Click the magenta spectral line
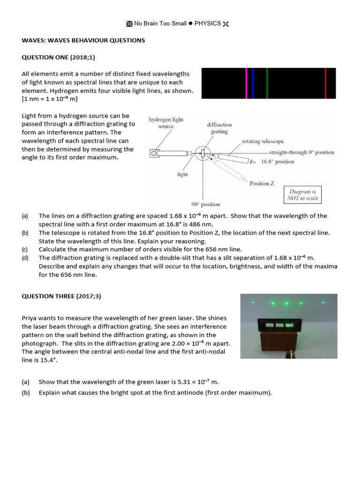tap(247, 83)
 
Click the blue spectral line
tap(253, 83)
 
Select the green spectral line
tap(267, 83)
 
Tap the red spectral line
tap(325, 83)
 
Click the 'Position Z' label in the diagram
tap(262, 183)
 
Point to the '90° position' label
tap(205, 204)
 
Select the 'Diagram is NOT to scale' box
tap(303, 195)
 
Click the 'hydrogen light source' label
tap(166, 123)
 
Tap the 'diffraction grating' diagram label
tap(219, 128)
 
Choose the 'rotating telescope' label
tap(262, 141)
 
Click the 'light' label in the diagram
tap(182, 174)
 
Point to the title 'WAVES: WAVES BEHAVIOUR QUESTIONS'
tap(83, 40)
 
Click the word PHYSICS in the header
tap(207, 23)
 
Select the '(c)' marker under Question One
tap(25, 249)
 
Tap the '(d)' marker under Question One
tap(25, 258)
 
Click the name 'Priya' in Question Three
tap(30, 318)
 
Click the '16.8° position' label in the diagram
tap(277, 162)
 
